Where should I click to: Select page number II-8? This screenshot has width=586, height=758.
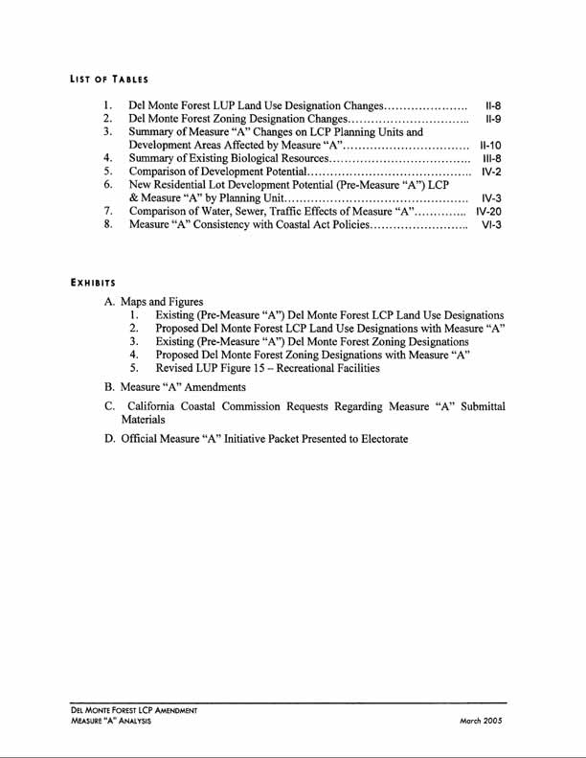click(x=493, y=105)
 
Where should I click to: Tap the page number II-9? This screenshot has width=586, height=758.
click(x=493, y=119)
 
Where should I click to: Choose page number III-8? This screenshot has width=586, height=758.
click(x=491, y=158)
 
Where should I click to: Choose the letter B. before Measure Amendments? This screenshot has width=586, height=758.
click(x=109, y=387)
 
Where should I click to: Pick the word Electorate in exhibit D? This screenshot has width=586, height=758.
click(x=376, y=439)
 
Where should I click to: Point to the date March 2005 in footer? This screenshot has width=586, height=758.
click(x=482, y=720)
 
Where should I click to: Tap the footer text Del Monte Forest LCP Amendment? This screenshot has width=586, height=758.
click(x=134, y=710)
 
